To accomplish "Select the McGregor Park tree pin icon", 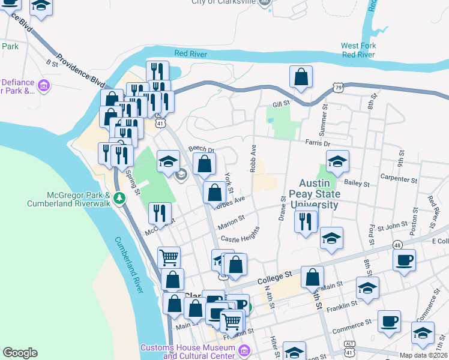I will (119, 198).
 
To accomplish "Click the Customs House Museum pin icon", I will (244, 350).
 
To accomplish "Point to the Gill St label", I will (281, 104).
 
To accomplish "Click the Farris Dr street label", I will (318, 143).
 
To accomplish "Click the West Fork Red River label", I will (358, 50).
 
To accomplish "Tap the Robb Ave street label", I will (254, 157).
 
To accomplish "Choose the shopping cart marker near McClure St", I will (169, 257).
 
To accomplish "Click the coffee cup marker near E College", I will (404, 259).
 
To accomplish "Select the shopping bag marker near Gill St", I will (301, 76).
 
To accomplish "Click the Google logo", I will (20, 353).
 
